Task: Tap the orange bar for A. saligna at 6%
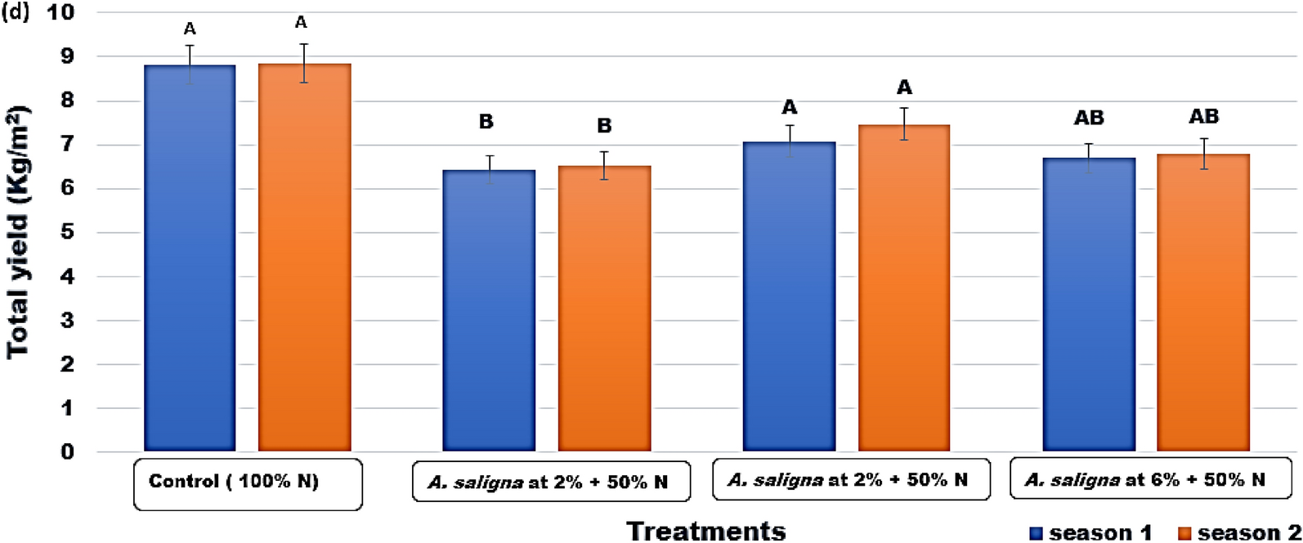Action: coord(1203,303)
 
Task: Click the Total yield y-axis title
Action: coord(18,231)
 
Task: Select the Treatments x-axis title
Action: coord(705,531)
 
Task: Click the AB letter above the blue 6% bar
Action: coord(1089,119)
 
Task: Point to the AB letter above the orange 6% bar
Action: coord(1203,117)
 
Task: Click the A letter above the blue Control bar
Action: coord(190,30)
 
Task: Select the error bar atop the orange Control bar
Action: coord(304,63)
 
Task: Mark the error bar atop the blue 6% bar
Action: coord(1089,158)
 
